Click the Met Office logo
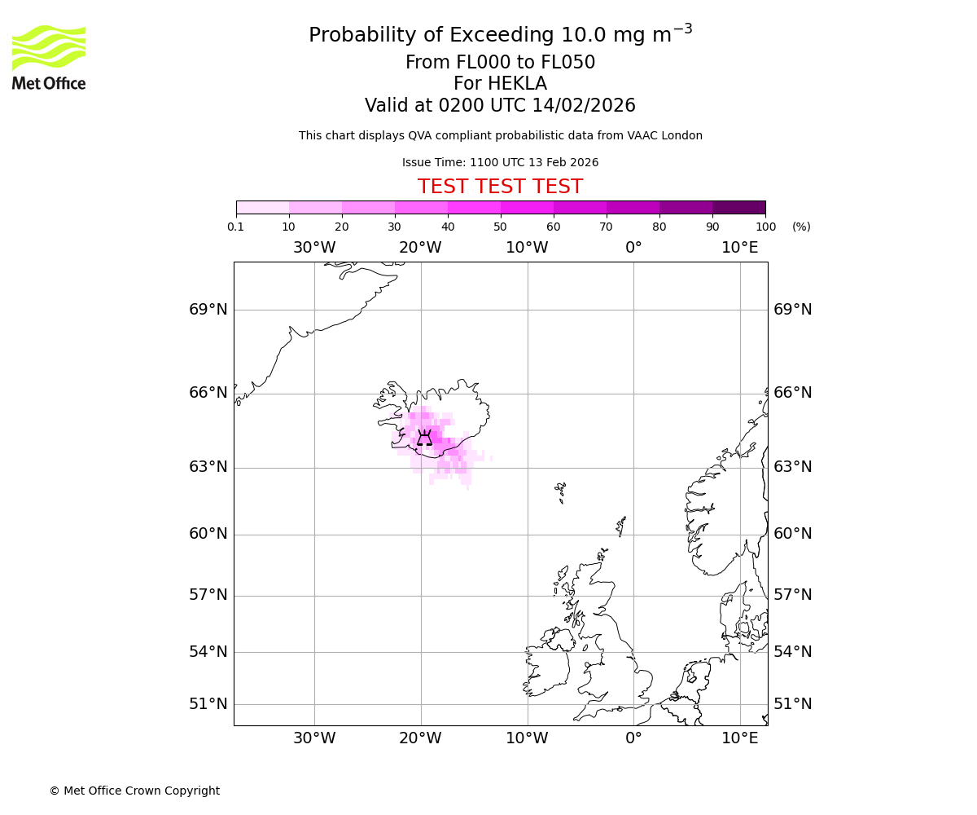point(49,57)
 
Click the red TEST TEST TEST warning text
point(500,187)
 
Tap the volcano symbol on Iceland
point(424,438)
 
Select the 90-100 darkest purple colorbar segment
point(738,208)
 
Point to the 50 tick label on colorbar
point(500,227)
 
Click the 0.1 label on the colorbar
point(236,227)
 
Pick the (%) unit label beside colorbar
point(801,227)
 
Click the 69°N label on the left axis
point(208,310)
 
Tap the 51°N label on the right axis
point(792,704)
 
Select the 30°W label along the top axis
point(314,248)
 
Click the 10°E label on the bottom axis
point(739,738)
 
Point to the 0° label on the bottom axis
point(633,738)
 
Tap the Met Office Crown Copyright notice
point(134,791)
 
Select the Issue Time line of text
point(500,162)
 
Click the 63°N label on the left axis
point(208,467)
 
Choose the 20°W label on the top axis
point(420,248)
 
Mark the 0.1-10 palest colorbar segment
point(263,208)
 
